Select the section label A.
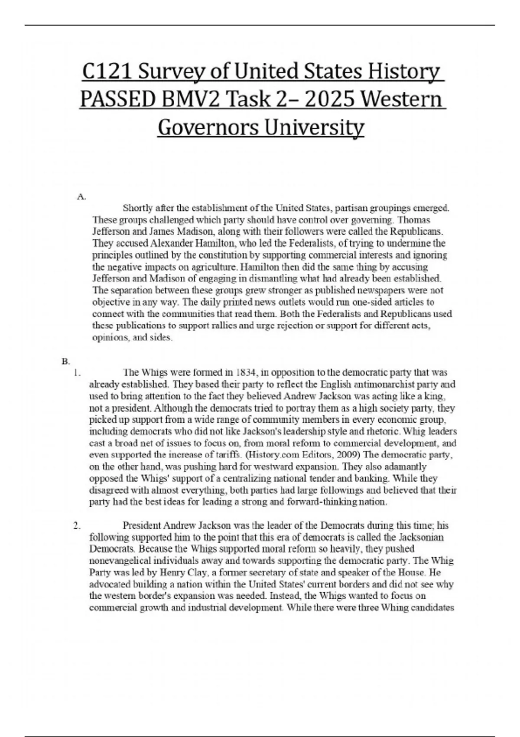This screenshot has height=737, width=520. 81,197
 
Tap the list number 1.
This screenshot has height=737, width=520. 77,372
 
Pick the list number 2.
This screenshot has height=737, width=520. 77,526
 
